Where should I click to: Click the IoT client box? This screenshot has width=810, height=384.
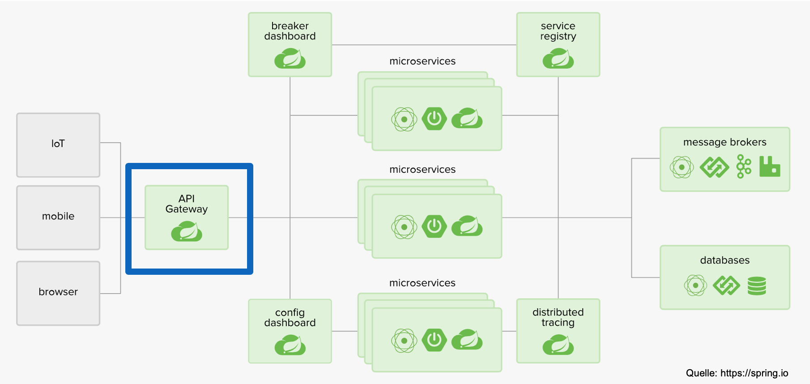click(58, 145)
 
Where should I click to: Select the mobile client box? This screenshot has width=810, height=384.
click(58, 218)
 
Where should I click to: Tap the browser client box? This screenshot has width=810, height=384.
click(58, 293)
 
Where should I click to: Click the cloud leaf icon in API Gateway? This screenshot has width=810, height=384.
click(187, 232)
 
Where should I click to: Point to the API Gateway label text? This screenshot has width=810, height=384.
click(187, 204)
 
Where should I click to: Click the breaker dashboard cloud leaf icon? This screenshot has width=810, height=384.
click(290, 59)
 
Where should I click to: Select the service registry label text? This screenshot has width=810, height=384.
click(558, 31)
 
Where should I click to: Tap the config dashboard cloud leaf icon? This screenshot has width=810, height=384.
click(290, 346)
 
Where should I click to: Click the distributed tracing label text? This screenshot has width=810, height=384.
click(558, 317)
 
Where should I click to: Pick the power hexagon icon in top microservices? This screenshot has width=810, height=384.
click(434, 119)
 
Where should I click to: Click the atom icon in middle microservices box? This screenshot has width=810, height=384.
click(404, 227)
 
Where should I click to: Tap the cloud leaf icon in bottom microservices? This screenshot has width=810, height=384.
click(467, 340)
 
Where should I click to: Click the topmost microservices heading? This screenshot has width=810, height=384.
click(422, 61)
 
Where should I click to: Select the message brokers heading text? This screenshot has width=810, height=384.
click(725, 142)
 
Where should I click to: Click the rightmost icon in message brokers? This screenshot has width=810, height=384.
click(770, 166)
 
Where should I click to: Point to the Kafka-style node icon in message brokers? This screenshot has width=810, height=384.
click(743, 166)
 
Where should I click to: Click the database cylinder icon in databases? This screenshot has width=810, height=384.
click(757, 286)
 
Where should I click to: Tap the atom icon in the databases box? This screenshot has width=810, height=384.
click(695, 286)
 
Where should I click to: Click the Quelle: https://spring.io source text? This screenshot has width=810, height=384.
click(737, 373)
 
